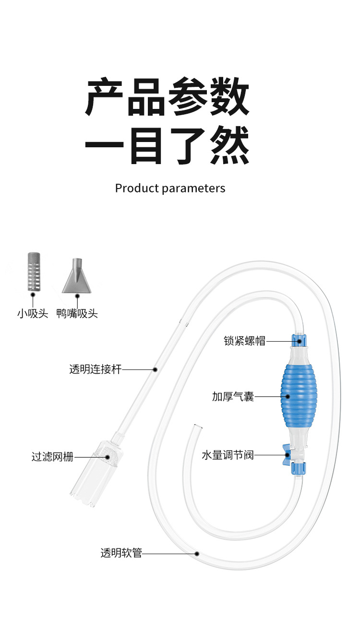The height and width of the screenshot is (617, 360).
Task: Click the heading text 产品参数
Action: pyautogui.click(x=168, y=98)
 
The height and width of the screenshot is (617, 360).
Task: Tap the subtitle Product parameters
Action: pyautogui.click(x=170, y=188)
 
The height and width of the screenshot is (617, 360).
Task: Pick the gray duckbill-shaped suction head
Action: pyautogui.click(x=74, y=277)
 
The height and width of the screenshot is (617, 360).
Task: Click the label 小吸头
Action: pyautogui.click(x=33, y=314)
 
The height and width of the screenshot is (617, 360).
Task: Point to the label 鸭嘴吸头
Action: pyautogui.click(x=77, y=314)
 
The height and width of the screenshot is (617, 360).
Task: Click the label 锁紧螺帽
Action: pyautogui.click(x=244, y=341)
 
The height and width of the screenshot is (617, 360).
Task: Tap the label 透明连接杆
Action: pyautogui.click(x=96, y=369)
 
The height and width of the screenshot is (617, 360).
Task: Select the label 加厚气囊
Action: pyautogui.click(x=233, y=397)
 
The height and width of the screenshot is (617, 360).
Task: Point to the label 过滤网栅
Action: pyautogui.click(x=53, y=457)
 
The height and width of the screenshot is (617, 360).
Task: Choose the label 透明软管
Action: pyautogui.click(x=121, y=553)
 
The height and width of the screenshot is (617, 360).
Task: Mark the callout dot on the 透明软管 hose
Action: pyautogui.click(x=197, y=554)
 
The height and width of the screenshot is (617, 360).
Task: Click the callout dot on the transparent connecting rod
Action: pyautogui.click(x=155, y=369)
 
